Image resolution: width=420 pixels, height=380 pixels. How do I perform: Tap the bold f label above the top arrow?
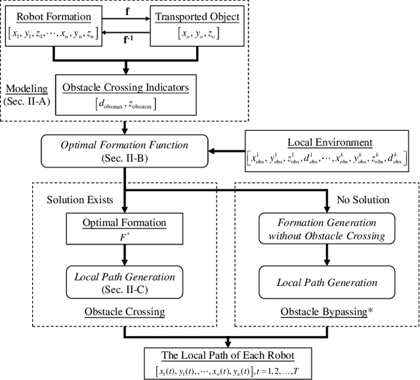[126, 11]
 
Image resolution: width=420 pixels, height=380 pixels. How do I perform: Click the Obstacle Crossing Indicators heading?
[127, 87]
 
